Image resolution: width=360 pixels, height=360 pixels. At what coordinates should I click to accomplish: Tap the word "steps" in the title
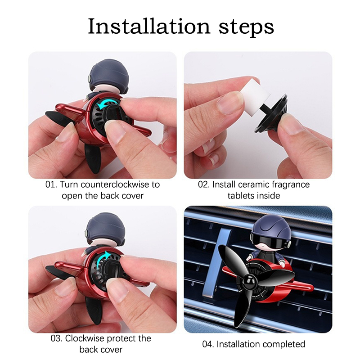[246, 28]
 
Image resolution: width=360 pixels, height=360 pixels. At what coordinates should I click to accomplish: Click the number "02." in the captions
[204, 184]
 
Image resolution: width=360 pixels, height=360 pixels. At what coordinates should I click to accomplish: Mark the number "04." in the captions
[208, 344]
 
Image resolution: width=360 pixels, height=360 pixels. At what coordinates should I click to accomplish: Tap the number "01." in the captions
[51, 184]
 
